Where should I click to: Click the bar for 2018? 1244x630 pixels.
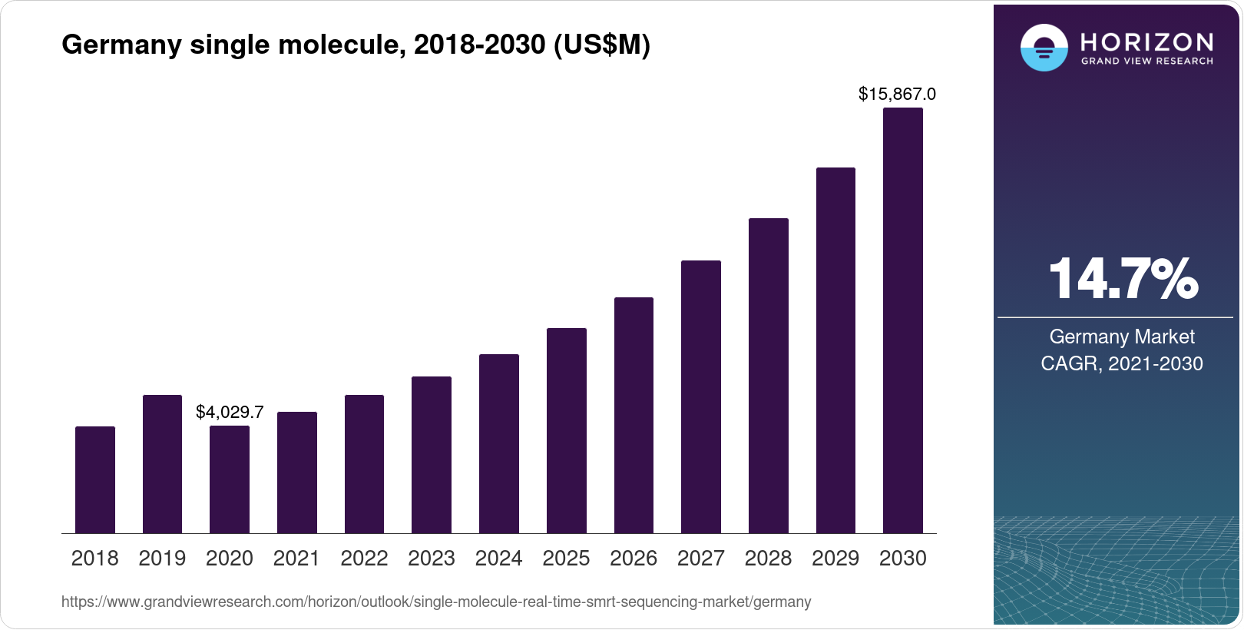coord(95,480)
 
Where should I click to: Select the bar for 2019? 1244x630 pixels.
coord(162,464)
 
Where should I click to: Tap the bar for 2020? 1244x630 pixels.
coord(230,479)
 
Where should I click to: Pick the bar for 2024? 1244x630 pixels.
coord(499,444)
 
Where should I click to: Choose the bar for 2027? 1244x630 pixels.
coord(701,397)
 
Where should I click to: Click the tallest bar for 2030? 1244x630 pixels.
coord(903,320)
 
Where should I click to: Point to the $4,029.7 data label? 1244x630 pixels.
coord(230,412)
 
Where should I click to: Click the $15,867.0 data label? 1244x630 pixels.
coord(897,94)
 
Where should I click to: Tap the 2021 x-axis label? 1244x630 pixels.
coord(296,559)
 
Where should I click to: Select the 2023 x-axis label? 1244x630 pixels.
coord(432,559)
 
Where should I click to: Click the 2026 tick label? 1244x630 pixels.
coord(634,559)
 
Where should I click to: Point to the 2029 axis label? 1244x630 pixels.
coord(835,559)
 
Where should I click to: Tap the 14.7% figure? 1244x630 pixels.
coord(1122,279)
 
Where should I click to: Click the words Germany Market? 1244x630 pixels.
coord(1122,337)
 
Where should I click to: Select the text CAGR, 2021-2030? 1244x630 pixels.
coord(1122,363)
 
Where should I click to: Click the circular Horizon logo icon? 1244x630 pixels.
coord(1044,48)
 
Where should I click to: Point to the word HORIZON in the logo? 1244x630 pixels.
coord(1146,41)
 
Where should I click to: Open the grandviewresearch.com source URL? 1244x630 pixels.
coord(436,602)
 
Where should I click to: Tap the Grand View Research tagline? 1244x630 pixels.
coord(1146,61)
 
